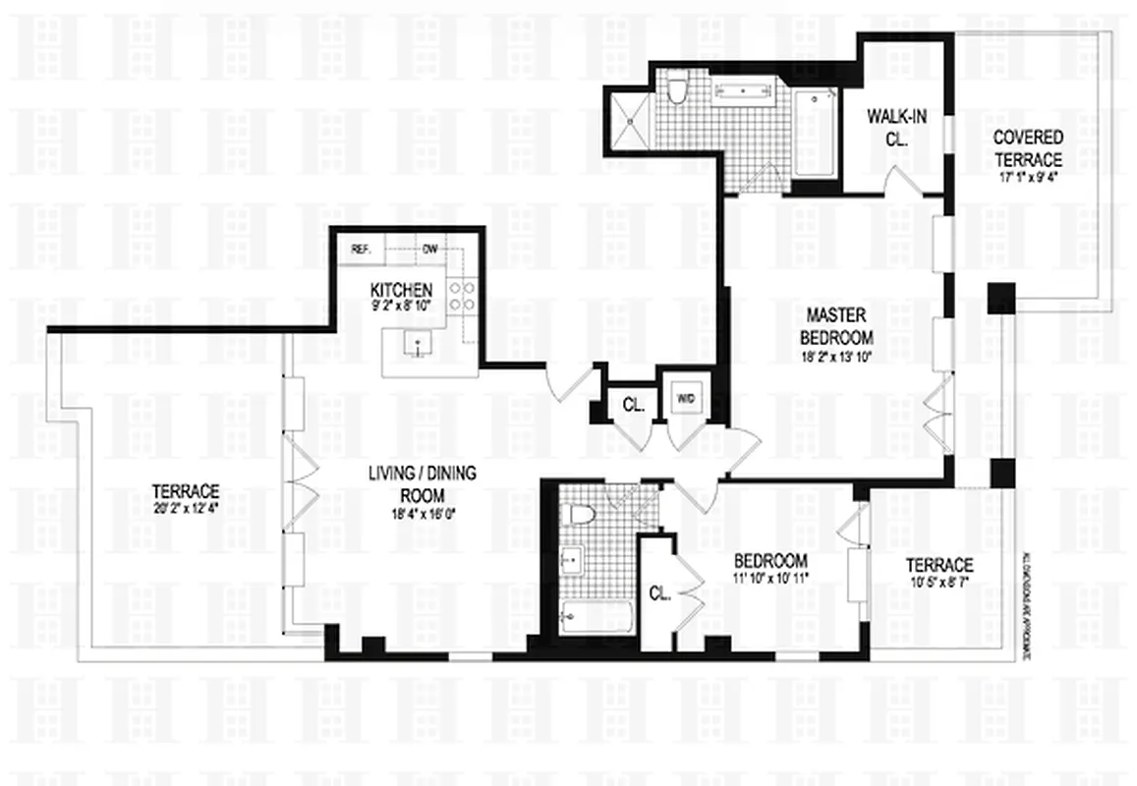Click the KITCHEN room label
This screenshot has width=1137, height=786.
pos(401,290)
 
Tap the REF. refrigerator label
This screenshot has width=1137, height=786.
pos(361,249)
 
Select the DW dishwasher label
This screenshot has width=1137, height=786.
pos(429,249)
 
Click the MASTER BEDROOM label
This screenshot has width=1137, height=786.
pos(835,326)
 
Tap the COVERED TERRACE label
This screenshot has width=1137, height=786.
pos(1027,148)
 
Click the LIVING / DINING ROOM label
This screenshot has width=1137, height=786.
pos(422,483)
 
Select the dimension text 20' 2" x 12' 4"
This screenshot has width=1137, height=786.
pos(185,507)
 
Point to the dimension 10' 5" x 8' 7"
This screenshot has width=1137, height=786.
pos(938,582)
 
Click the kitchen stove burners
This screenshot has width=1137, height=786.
pos(462,297)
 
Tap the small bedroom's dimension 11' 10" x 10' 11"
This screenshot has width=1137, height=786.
pos(771,578)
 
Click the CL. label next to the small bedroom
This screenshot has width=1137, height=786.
pos(658,592)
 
